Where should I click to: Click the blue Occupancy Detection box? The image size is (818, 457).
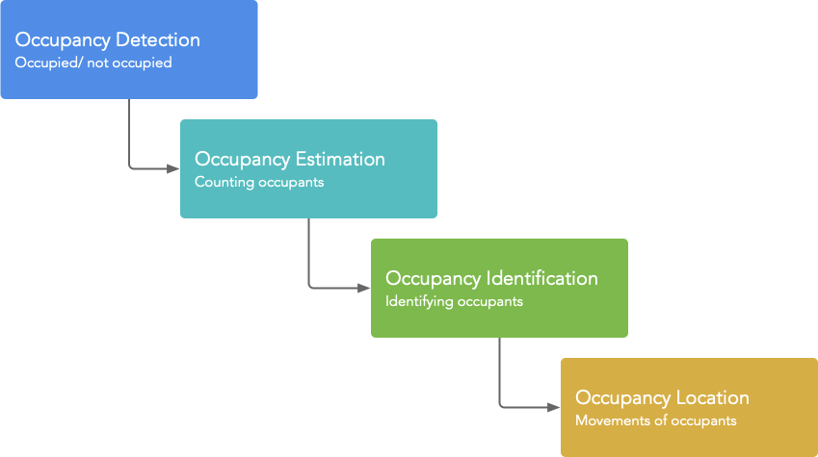[x=129, y=49]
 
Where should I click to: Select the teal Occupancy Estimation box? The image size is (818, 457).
[x=308, y=168]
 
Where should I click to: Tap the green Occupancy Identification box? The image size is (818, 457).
[x=499, y=289]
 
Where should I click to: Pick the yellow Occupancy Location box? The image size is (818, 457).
[x=689, y=408]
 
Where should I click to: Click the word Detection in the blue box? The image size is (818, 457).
[x=158, y=40]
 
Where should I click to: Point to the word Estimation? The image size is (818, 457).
[x=341, y=160]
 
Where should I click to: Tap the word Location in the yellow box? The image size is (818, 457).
[x=713, y=398]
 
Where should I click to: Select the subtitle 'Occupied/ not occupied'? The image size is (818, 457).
[x=93, y=63]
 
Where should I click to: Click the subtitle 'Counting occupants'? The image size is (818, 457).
[x=259, y=183]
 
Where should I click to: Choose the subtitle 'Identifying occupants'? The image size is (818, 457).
[x=454, y=302]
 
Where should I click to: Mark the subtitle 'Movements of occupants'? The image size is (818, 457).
[x=656, y=421]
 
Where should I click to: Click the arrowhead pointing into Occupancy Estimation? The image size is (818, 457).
[x=173, y=168]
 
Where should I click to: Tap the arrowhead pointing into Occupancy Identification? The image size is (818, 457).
[x=363, y=289]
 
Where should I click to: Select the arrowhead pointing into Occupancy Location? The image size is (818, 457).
[x=554, y=408]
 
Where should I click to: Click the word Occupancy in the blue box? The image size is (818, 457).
[x=63, y=41]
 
